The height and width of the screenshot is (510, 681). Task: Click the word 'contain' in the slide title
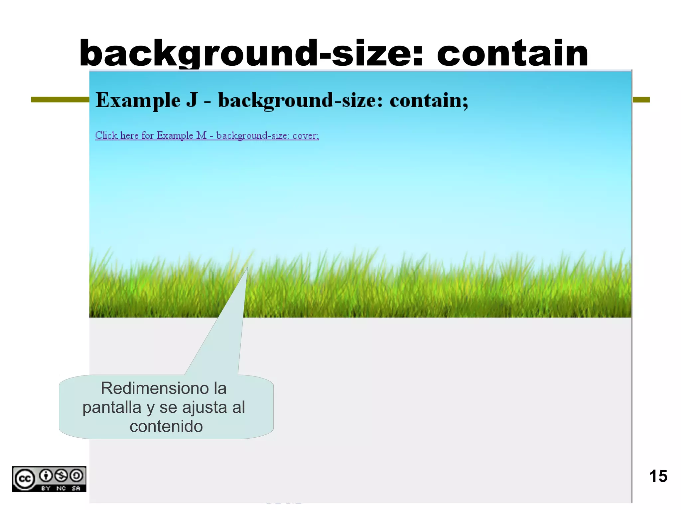(512, 53)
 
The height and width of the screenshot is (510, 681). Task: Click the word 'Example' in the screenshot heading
(138, 100)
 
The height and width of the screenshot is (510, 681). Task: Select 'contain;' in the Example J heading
(429, 100)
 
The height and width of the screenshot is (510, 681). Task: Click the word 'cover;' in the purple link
(306, 136)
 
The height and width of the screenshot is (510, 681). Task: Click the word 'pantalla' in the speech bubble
(112, 407)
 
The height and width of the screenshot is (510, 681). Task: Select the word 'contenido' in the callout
(166, 426)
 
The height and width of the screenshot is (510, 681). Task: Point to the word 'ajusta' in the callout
(204, 407)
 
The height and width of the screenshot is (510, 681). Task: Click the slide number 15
(658, 476)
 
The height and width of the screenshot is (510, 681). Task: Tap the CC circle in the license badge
(25, 479)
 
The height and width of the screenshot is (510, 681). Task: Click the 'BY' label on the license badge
(46, 488)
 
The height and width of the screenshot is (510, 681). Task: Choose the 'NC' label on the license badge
(61, 488)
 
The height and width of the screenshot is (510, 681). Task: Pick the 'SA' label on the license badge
(76, 488)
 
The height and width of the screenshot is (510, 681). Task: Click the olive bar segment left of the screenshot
(60, 100)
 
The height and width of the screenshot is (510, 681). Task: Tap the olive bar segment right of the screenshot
(641, 100)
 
